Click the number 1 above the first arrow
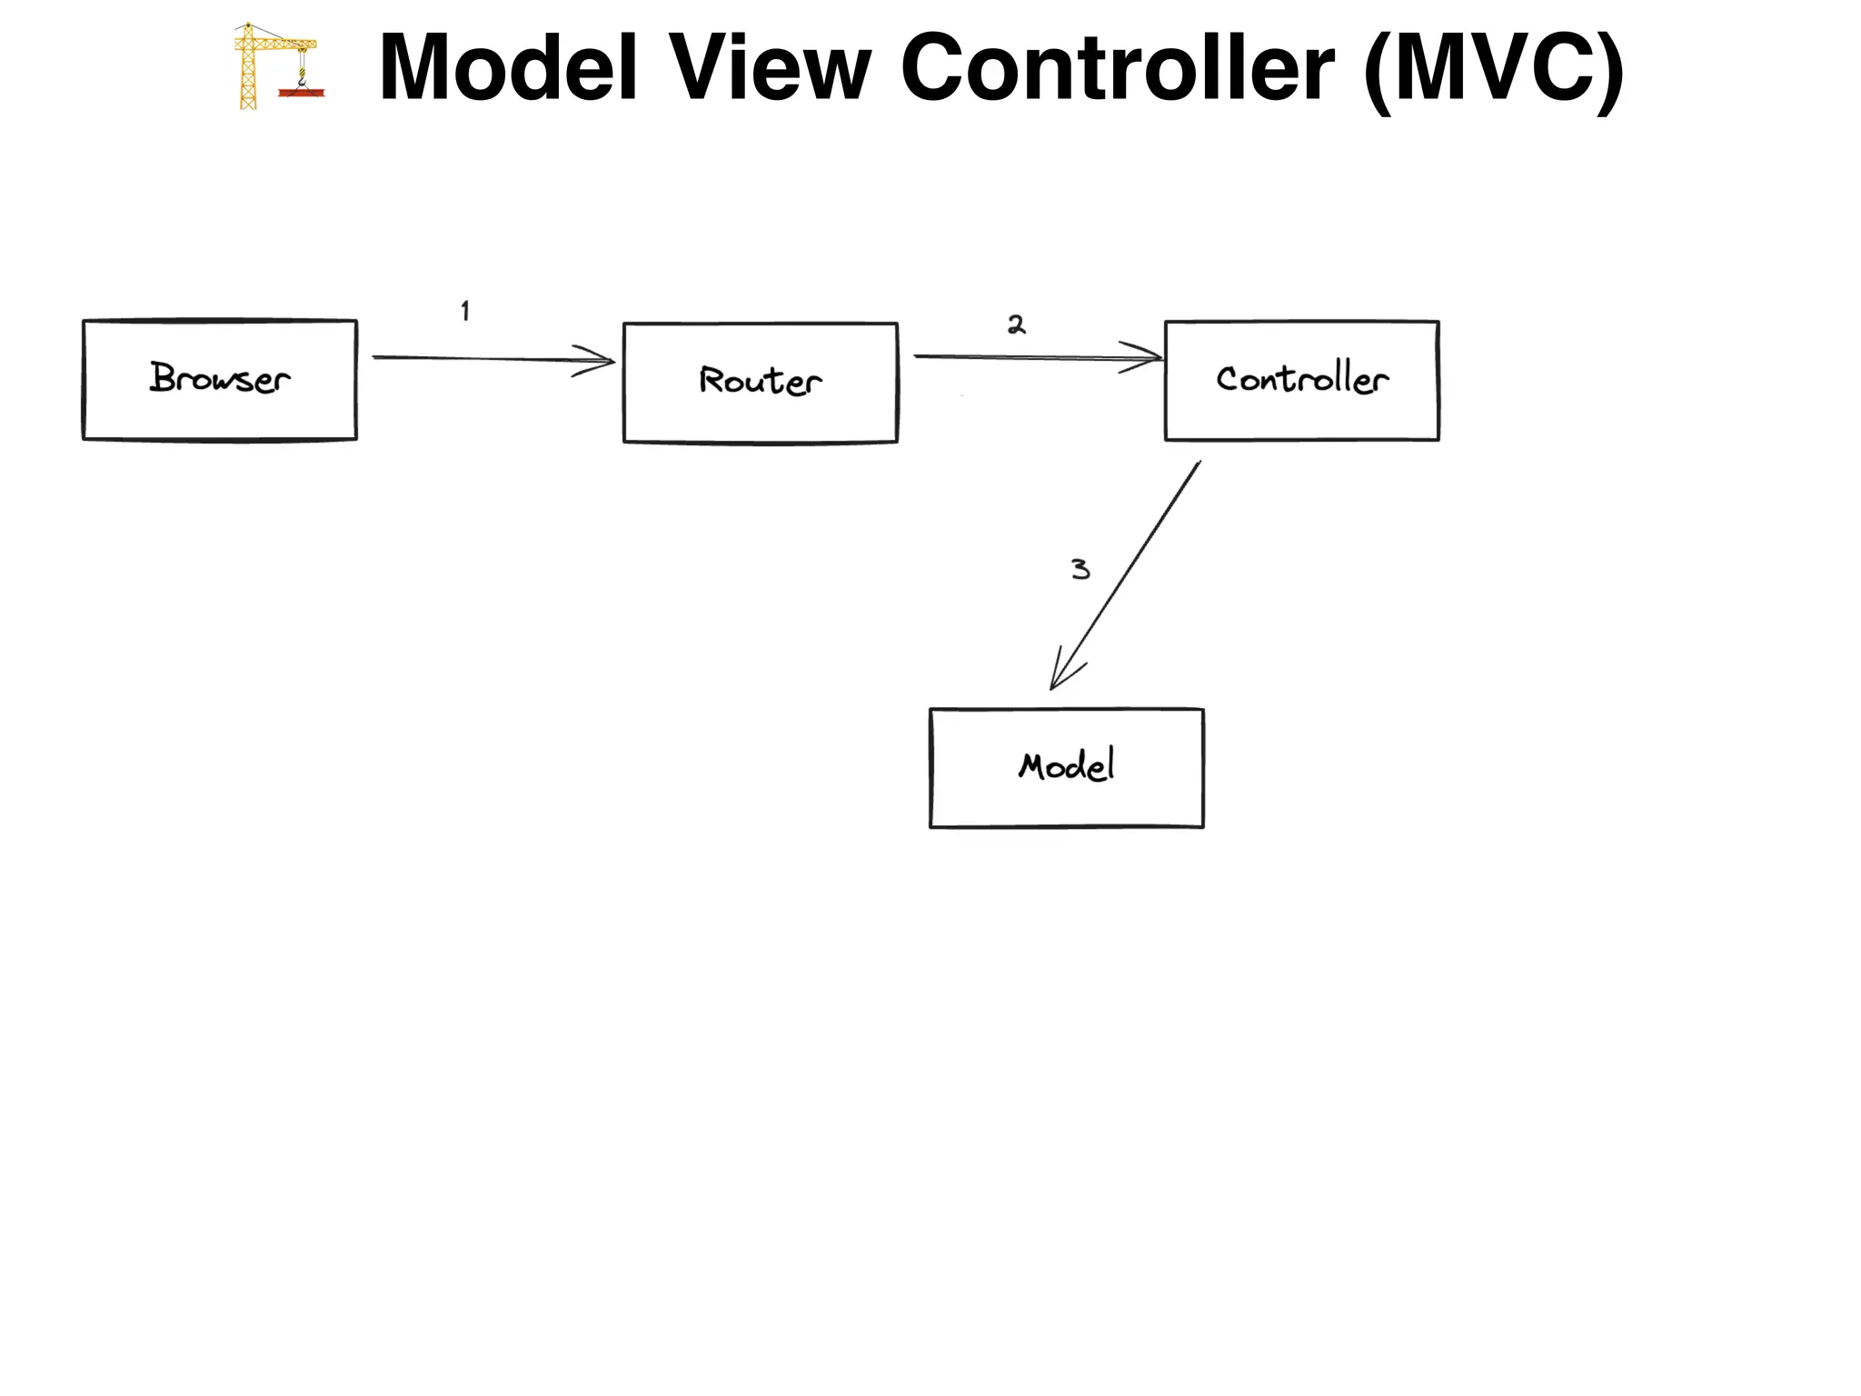click(465, 311)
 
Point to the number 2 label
click(1016, 324)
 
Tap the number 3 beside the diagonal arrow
click(1080, 569)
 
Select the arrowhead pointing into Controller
click(1147, 357)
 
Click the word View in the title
click(770, 68)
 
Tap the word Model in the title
click(508, 68)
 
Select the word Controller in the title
click(1117, 68)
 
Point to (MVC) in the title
click(1493, 71)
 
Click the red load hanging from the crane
click(302, 92)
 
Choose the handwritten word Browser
click(219, 378)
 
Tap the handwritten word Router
click(760, 380)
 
